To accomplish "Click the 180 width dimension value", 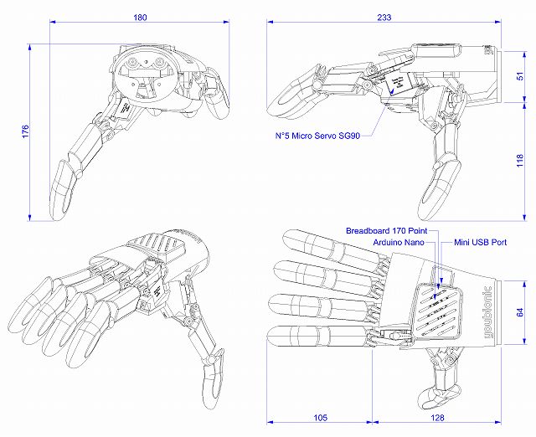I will [140, 17].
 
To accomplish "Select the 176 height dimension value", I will [24, 131].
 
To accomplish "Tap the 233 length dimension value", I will [384, 17].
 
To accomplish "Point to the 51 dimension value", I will [520, 75].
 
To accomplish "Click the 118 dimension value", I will [520, 161].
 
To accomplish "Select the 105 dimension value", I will [319, 418].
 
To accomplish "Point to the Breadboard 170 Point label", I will [387, 229].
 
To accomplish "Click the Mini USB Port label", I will [480, 241].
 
